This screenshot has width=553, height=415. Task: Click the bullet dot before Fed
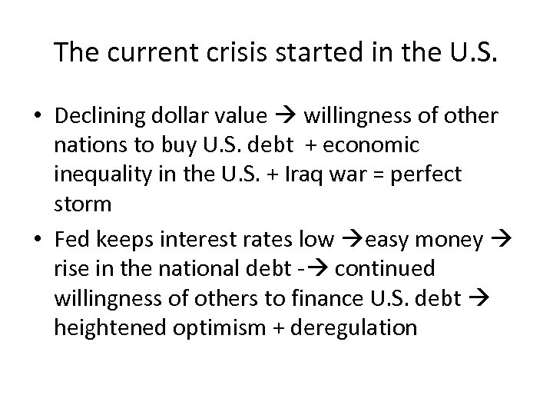pos(38,241)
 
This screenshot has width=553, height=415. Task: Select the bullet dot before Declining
pos(38,116)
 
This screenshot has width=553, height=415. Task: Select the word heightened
pos(104,327)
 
